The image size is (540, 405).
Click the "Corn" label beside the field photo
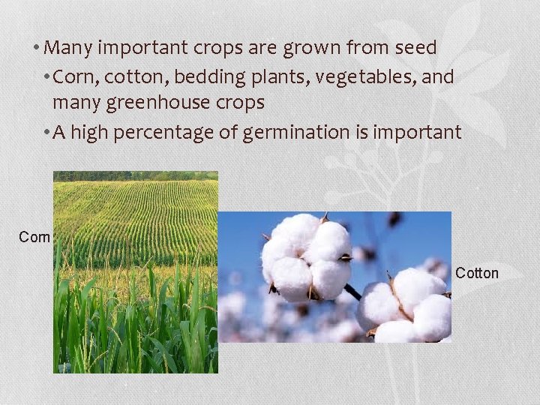pos(34,238)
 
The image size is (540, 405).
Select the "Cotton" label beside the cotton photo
pos(477,273)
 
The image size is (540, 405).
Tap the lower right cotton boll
pos(409,306)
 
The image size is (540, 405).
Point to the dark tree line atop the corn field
pos(135,176)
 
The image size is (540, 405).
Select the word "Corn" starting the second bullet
pos(74,76)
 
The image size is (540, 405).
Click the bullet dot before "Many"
pos(36,49)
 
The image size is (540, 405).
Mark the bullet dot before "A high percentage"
pos(46,133)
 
